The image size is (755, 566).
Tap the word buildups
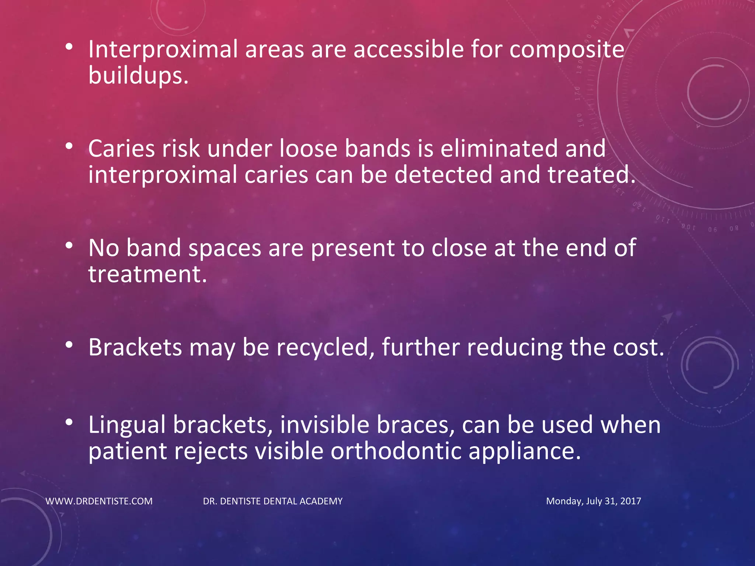pos(138,76)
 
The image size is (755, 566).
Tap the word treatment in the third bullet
pos(147,274)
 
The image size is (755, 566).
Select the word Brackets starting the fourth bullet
pos(135,347)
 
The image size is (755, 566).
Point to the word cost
pos(638,347)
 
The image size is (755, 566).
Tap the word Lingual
pos(127,425)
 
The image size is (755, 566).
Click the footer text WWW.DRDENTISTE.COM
pos(99,501)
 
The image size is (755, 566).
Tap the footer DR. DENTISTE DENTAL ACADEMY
pos(273,501)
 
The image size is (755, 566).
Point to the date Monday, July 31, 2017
pos(593,501)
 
